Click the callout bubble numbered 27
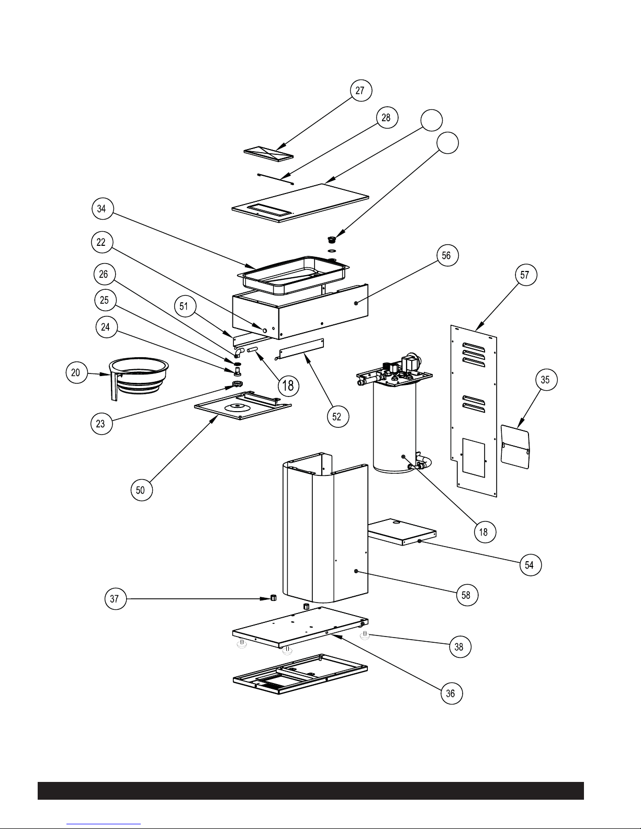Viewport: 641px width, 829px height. point(361,90)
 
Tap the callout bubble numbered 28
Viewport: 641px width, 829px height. point(386,117)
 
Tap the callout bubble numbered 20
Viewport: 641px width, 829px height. point(76,373)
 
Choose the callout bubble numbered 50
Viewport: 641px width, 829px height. point(141,490)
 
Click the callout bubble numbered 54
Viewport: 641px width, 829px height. point(530,565)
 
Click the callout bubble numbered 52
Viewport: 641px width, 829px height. point(337,416)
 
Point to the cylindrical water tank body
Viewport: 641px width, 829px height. point(394,429)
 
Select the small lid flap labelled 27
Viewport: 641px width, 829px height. point(267,153)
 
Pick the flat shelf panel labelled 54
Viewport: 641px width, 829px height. point(402,531)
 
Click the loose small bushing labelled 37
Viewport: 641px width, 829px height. point(273,598)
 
